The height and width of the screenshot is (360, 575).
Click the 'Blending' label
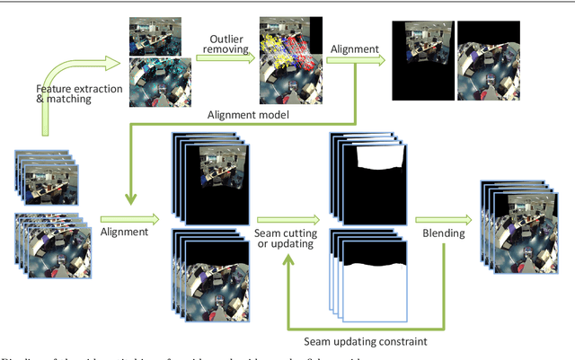[444, 233]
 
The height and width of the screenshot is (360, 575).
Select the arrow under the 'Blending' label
[444, 218]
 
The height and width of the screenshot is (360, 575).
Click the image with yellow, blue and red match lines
[290, 61]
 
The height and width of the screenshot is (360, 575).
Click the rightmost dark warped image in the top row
[489, 61]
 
